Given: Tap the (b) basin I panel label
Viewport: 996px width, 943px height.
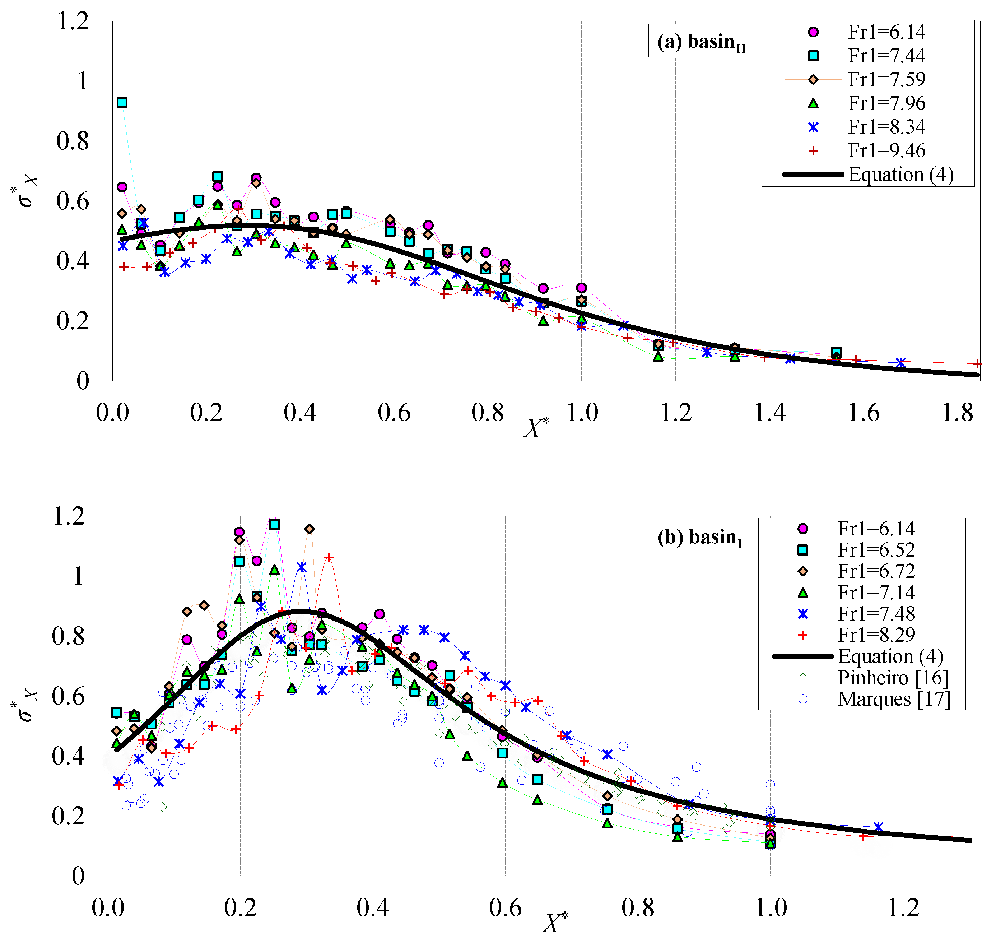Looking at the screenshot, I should click(699, 537).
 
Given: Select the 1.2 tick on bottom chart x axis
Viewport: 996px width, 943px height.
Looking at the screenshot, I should click(903, 907).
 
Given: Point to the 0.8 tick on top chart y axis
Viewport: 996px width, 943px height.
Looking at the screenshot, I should click(73, 141).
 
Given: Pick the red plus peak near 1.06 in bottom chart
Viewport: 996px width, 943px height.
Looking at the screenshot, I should click(329, 557).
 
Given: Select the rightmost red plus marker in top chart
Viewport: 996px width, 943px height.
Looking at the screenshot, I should click(977, 363).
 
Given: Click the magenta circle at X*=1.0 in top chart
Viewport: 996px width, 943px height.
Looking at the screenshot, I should click(581, 288).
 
